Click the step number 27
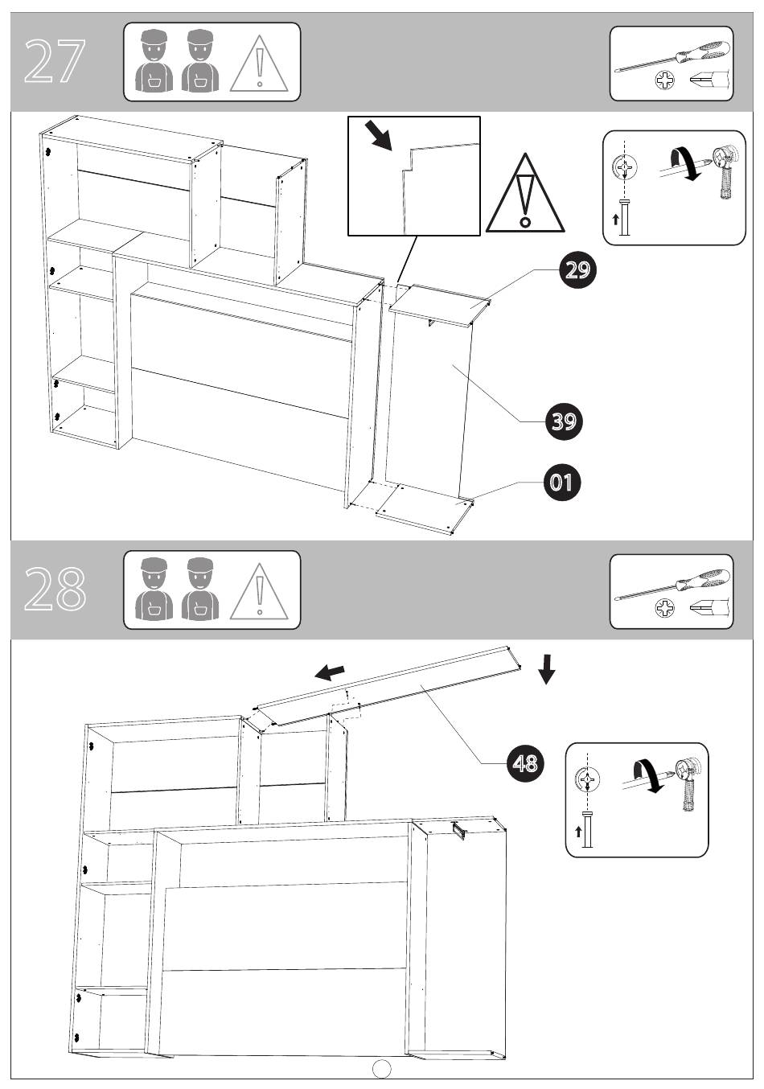coord(55,61)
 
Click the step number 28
coord(55,588)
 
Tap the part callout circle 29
coord(577,270)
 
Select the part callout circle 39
coord(563,421)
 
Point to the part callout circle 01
coord(562,483)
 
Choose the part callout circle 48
coord(525,763)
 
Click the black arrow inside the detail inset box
coord(378,135)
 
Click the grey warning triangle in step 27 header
coord(259,64)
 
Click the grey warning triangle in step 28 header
coord(259,591)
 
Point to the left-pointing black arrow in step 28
coord(330,672)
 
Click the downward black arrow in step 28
coord(547,669)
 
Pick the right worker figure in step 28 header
coord(200,589)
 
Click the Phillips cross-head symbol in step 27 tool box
coord(665,80)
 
